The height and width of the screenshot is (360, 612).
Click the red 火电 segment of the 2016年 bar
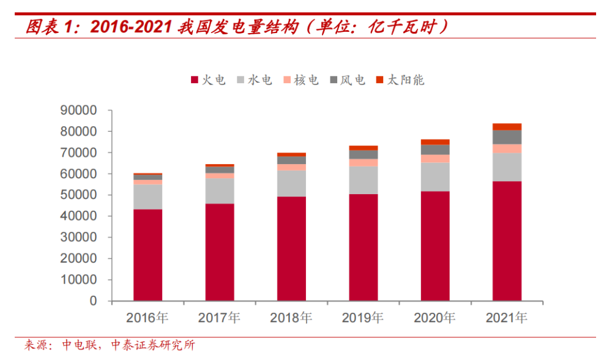[x=147, y=255]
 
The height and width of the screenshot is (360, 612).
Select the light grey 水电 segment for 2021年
[x=507, y=167]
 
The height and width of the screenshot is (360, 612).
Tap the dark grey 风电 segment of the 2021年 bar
[x=507, y=137]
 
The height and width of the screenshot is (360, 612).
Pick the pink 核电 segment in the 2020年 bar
[x=435, y=159]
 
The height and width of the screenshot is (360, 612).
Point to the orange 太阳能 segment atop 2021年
[x=507, y=127]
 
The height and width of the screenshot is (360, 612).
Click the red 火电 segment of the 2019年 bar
[x=363, y=247]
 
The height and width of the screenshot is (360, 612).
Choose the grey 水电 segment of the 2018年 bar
[x=291, y=184]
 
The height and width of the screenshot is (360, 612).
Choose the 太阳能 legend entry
[x=400, y=80]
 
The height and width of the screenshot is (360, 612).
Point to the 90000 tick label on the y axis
[x=78, y=110]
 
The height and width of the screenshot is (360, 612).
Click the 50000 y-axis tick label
[x=78, y=195]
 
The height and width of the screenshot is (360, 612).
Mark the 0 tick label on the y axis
[x=92, y=301]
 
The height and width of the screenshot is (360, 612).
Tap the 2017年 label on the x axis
[x=219, y=318]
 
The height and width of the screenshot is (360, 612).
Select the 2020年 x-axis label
[x=435, y=318]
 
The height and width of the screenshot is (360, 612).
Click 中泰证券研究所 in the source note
[x=152, y=346]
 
